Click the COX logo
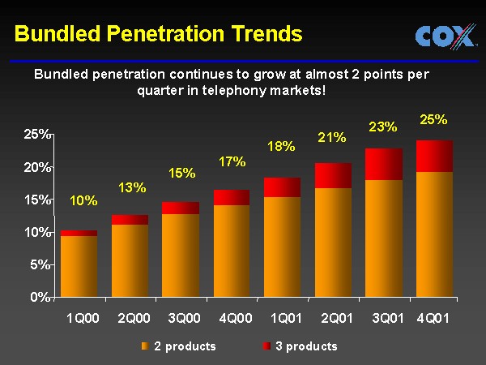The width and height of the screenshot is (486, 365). pos(445,36)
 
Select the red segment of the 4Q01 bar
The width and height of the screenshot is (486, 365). pos(435,156)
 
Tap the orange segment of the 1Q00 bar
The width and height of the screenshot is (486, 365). pos(79,265)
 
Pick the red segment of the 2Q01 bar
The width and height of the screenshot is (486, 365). pos(333,175)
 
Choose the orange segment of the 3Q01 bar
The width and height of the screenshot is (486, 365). pos(383,237)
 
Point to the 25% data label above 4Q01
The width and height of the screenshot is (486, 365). pos(433,119)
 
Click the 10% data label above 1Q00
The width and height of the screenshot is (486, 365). pos(84,201)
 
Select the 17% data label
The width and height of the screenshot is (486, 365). pos(232,161)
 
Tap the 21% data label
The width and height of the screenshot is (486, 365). pos(332,137)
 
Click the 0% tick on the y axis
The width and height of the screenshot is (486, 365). pos(40,297)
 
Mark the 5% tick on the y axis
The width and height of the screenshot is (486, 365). pos(40,264)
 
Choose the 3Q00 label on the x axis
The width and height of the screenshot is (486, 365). pos(183,318)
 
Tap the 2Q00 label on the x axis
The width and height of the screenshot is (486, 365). pos(132,318)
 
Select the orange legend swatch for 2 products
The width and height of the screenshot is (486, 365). pos(144,346)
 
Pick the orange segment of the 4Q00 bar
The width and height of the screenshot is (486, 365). pos(232,250)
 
